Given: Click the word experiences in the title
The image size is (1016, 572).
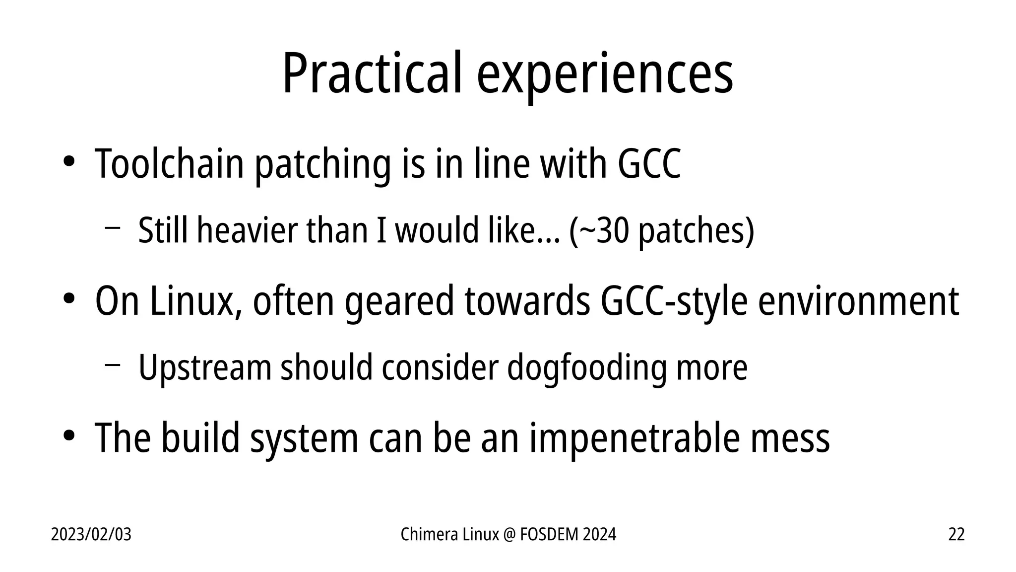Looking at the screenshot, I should (605, 74).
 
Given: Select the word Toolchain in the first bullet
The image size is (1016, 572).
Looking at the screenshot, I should (169, 163).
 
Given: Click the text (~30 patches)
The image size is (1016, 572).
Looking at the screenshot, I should (662, 231).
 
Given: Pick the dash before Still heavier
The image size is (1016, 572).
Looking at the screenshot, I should (113, 228).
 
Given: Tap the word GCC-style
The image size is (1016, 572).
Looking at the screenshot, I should (673, 301).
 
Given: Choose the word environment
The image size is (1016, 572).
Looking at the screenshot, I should (858, 301).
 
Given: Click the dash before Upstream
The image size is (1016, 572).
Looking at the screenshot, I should (113, 365).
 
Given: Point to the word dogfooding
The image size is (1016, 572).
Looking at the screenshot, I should (586, 368).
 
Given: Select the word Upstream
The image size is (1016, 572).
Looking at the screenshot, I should (205, 368).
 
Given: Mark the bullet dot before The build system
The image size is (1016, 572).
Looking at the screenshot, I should (68, 435).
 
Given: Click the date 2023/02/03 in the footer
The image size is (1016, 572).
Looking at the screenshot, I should (91, 534).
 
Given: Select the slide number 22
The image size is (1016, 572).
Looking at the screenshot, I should (956, 534).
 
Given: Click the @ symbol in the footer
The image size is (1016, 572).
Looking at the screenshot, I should (509, 534).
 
